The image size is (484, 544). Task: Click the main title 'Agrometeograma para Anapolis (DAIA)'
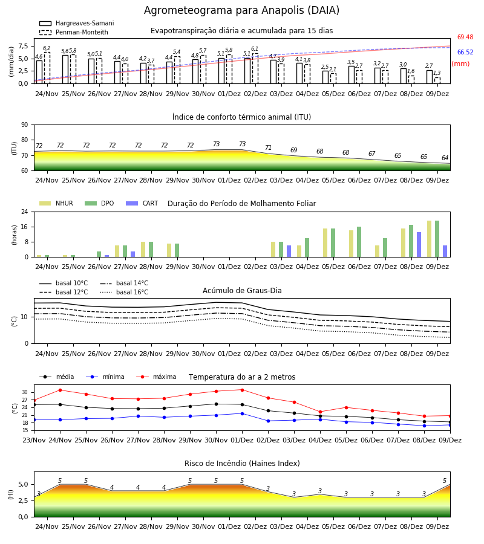241,10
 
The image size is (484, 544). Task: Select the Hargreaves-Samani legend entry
76,23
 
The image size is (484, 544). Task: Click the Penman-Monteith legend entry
74,32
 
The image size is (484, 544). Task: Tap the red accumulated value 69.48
465,37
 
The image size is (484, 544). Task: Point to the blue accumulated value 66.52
465,53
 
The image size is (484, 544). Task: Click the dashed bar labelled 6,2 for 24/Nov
47,68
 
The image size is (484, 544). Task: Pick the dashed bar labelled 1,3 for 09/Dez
437,80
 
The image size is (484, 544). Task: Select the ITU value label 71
268,148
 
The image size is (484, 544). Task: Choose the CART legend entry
142,203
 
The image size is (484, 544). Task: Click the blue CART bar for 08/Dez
419,245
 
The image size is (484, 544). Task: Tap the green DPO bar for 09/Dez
437,239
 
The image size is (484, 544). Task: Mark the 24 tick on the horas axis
25,212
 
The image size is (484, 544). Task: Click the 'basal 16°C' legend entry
124,292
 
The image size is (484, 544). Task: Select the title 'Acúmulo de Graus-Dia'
242,291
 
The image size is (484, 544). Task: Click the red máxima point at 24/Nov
60,390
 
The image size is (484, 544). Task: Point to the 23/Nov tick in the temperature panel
34,440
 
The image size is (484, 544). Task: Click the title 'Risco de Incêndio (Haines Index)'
242,464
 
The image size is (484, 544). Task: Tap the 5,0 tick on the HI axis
23,485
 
